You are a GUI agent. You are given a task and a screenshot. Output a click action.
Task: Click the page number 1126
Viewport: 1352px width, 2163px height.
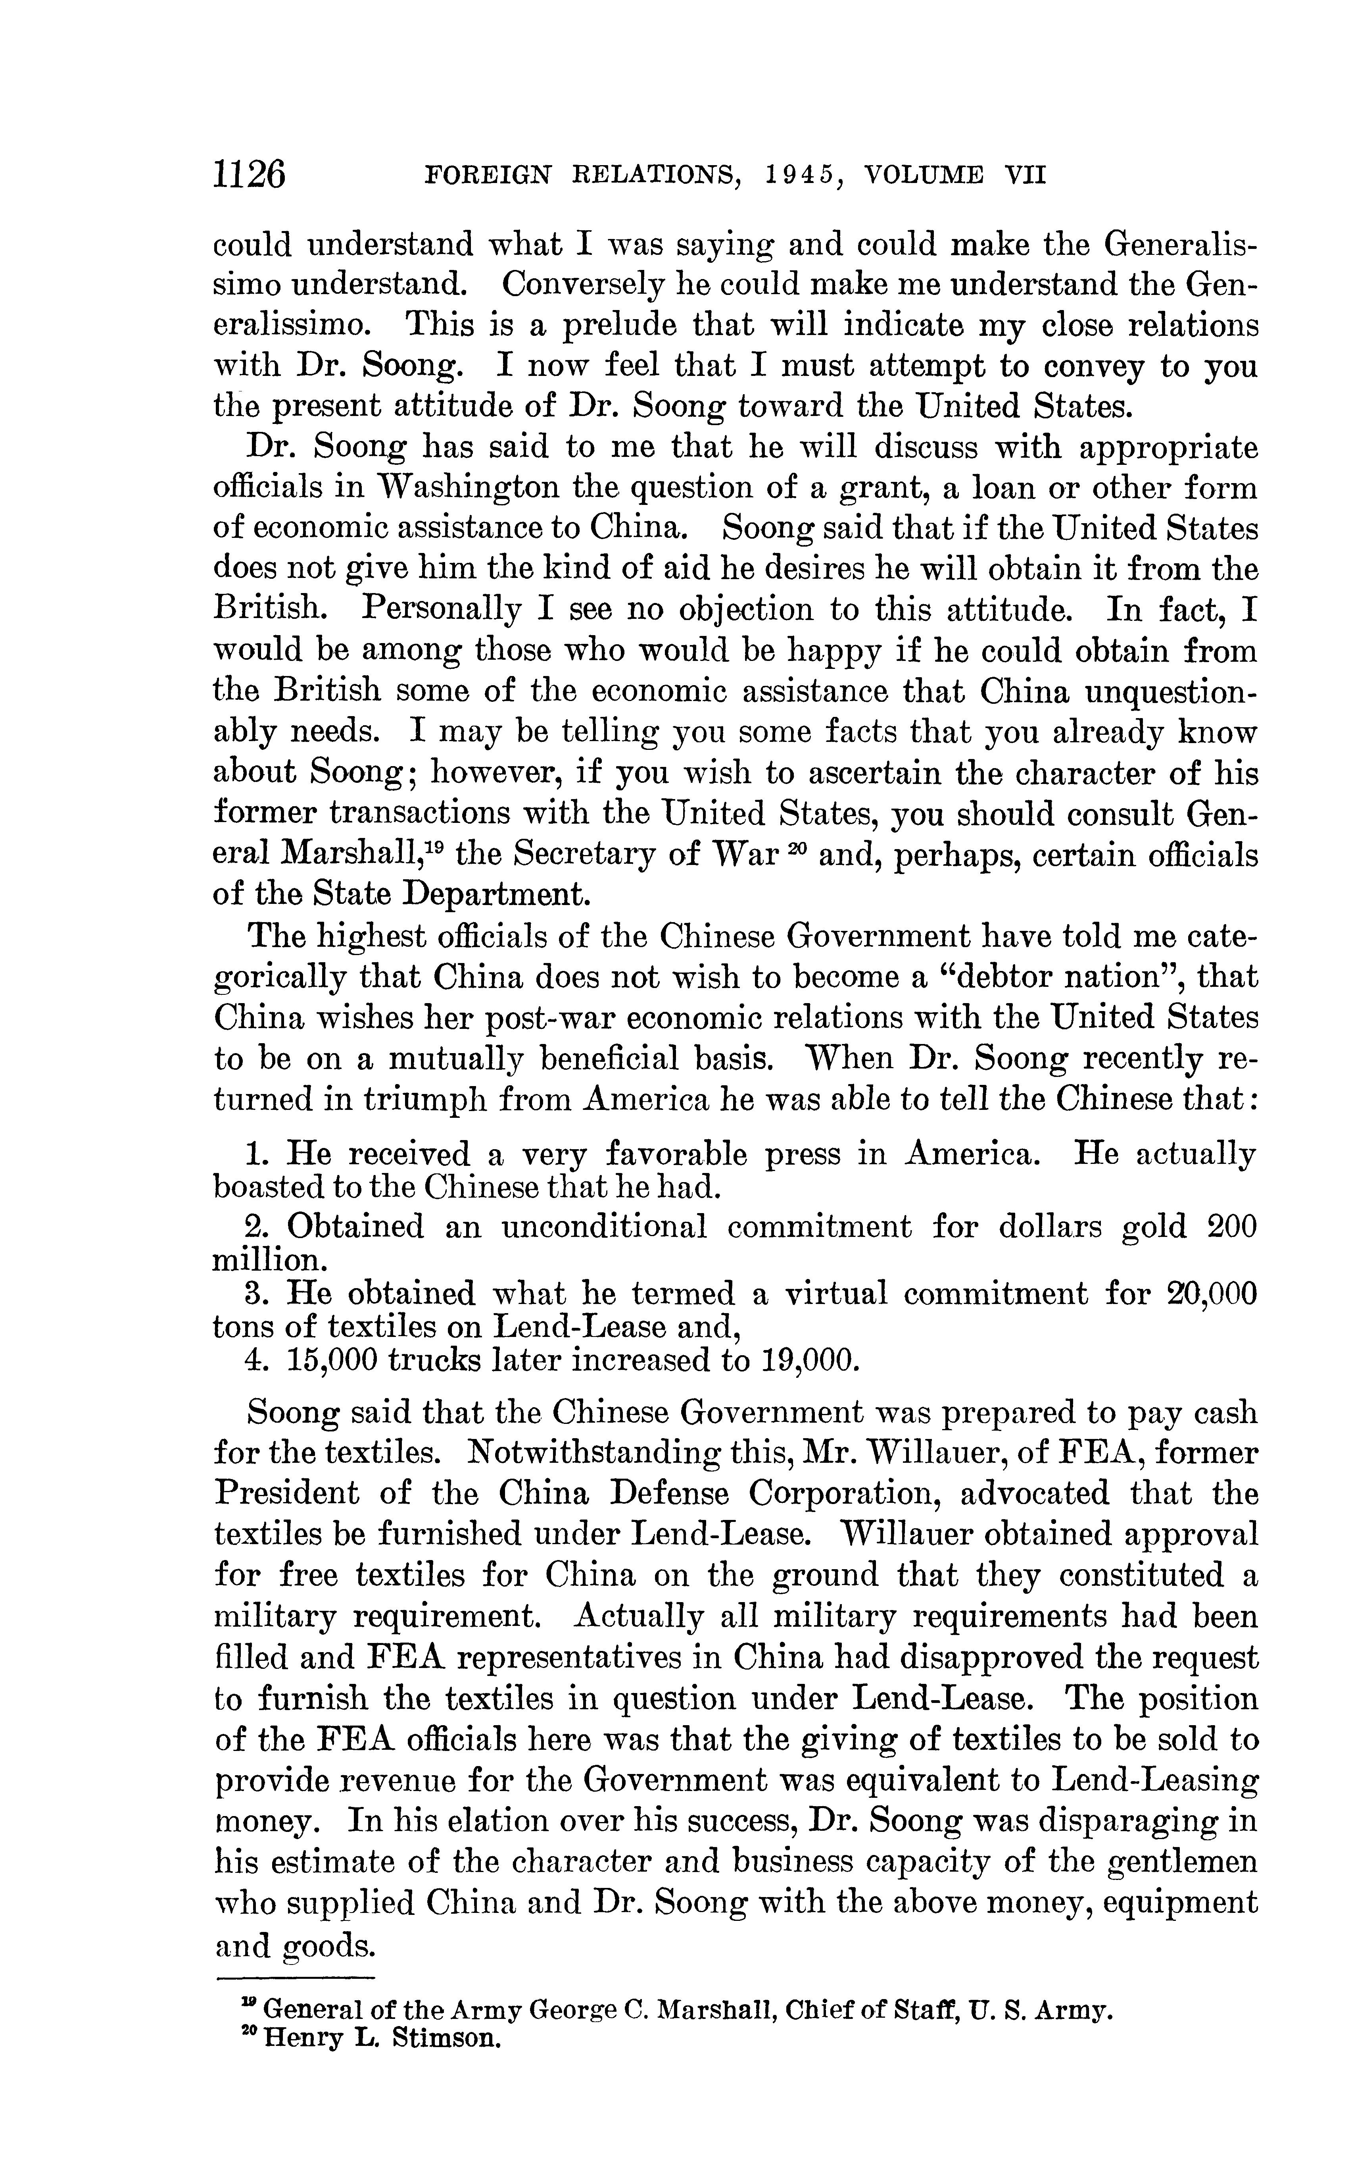coord(249,173)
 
